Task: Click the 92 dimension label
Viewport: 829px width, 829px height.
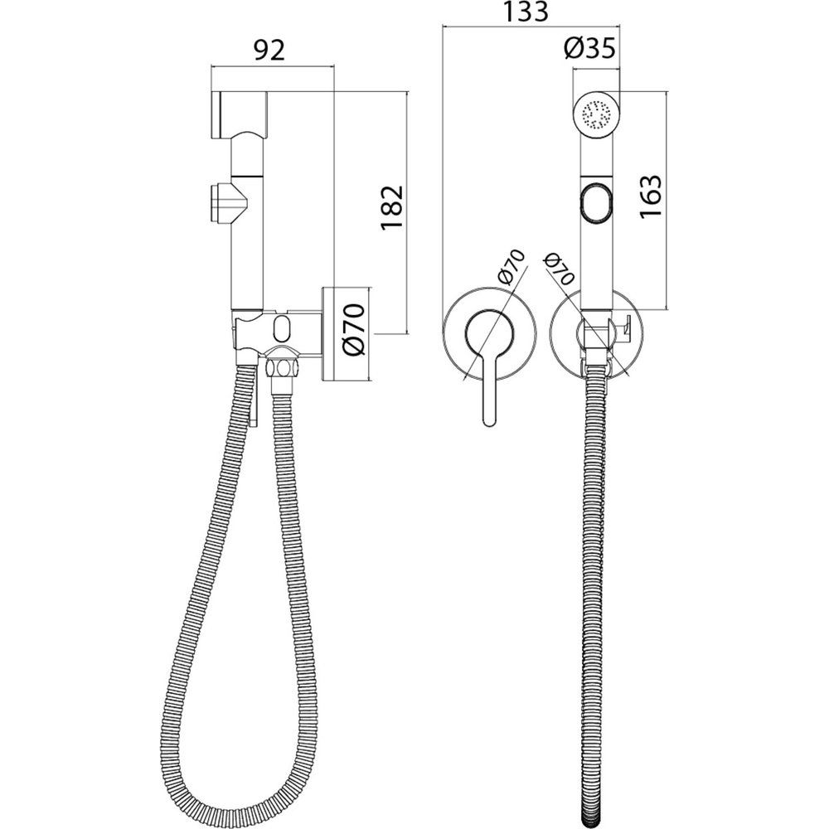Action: pyautogui.click(x=269, y=51)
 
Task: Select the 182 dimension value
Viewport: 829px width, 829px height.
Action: pyautogui.click(x=392, y=208)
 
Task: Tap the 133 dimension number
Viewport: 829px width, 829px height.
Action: pyautogui.click(x=525, y=12)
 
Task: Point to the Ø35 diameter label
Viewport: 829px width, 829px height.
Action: pyautogui.click(x=589, y=49)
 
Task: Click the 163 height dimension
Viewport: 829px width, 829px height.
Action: pyautogui.click(x=650, y=196)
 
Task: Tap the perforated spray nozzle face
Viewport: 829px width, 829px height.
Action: pyautogui.click(x=596, y=114)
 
